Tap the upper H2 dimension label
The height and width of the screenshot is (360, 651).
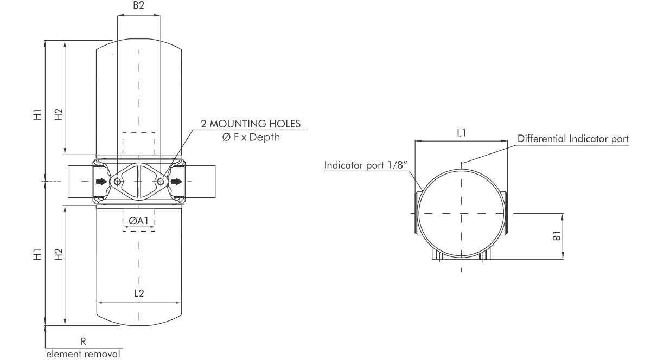pos(59,114)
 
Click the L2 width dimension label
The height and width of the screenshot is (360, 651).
pos(139,293)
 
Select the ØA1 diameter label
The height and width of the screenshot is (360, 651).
pos(139,220)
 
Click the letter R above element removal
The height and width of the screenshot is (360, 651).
pos(84,342)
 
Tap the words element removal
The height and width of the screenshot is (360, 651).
pos(84,354)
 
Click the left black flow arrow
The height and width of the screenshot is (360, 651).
pos(101,182)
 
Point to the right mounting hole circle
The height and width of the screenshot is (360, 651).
pos(161,182)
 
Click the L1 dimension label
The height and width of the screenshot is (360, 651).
pos(461,132)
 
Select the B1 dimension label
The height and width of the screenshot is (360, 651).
pos(556,236)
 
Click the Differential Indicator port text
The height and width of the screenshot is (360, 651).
pos(573,139)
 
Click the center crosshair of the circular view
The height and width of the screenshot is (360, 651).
pos(461,213)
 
